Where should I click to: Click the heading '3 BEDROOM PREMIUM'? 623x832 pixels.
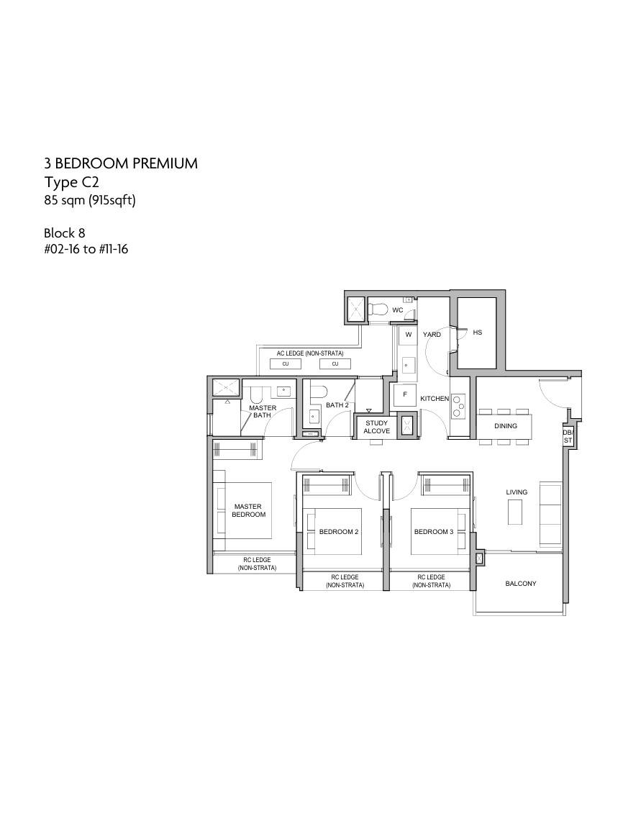coord(121,163)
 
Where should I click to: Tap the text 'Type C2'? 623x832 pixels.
coord(71,183)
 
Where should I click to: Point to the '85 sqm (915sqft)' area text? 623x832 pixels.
coord(90,201)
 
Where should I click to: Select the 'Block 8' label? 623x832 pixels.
coord(65,233)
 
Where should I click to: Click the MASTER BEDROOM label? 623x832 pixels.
coord(248,510)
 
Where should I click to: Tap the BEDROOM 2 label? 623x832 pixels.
coord(339,532)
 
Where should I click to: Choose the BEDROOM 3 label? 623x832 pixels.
coord(434,532)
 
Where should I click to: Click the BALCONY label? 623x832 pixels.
coord(521,584)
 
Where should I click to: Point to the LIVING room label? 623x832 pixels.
coord(517,492)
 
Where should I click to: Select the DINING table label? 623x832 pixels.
coord(505,425)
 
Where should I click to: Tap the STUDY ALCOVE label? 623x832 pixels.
coord(376,427)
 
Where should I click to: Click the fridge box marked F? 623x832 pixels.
coord(405,395)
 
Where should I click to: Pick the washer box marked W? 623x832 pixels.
coord(409,335)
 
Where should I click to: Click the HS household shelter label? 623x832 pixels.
coord(478,333)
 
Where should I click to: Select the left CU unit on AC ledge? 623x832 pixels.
coord(286,364)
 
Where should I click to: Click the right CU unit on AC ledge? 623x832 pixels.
coord(335,364)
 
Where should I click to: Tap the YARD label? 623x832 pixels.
coord(432,335)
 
